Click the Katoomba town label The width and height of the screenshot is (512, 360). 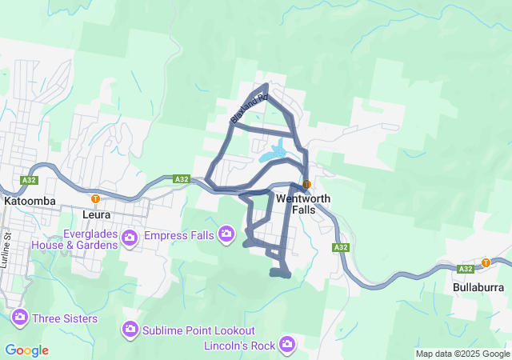(x=30, y=202)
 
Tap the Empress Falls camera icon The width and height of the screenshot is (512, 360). (x=226, y=234)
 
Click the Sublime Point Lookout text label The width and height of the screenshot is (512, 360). (x=199, y=330)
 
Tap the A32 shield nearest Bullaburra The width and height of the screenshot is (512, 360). (x=466, y=270)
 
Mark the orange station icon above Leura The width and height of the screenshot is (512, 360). (x=96, y=198)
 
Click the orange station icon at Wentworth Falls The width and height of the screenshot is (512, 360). (x=306, y=183)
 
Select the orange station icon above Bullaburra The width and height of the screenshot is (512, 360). (x=486, y=262)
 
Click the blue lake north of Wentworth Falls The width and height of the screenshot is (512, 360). (x=276, y=150)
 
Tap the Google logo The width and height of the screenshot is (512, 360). (x=26, y=350)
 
